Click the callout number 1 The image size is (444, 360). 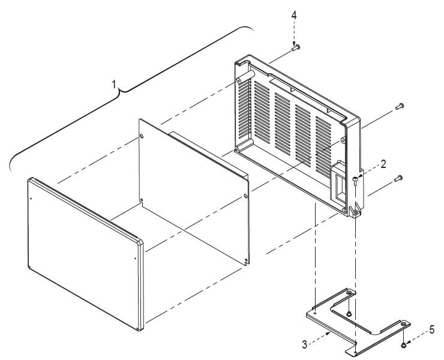click(x=113, y=85)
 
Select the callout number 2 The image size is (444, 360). click(x=383, y=164)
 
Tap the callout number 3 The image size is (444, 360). click(x=304, y=344)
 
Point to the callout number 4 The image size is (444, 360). click(x=294, y=15)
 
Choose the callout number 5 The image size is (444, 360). click(x=431, y=329)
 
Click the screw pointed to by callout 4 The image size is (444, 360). click(x=296, y=47)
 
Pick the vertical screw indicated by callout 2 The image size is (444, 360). click(x=355, y=182)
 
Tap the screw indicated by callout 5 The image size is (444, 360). click(x=403, y=345)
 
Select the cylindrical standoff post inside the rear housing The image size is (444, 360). click(x=246, y=76)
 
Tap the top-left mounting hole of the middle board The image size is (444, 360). click(x=142, y=137)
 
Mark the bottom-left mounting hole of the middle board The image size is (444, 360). click(x=142, y=200)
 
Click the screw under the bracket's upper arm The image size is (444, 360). click(x=349, y=313)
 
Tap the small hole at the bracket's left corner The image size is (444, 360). click(x=315, y=313)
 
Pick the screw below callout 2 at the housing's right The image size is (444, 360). click(x=398, y=178)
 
